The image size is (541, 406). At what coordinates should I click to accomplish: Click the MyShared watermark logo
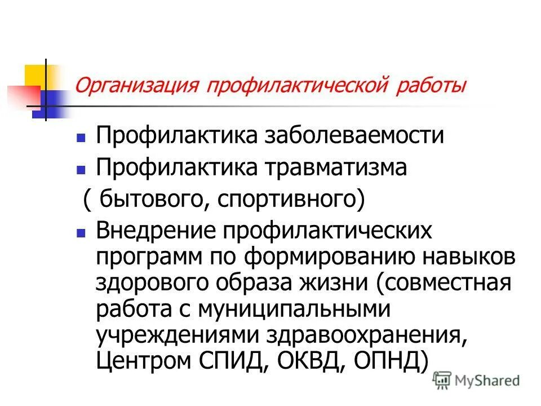click(x=476, y=381)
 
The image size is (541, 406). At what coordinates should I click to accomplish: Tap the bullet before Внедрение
click(x=81, y=232)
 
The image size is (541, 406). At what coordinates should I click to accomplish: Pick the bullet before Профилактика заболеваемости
click(x=81, y=136)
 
